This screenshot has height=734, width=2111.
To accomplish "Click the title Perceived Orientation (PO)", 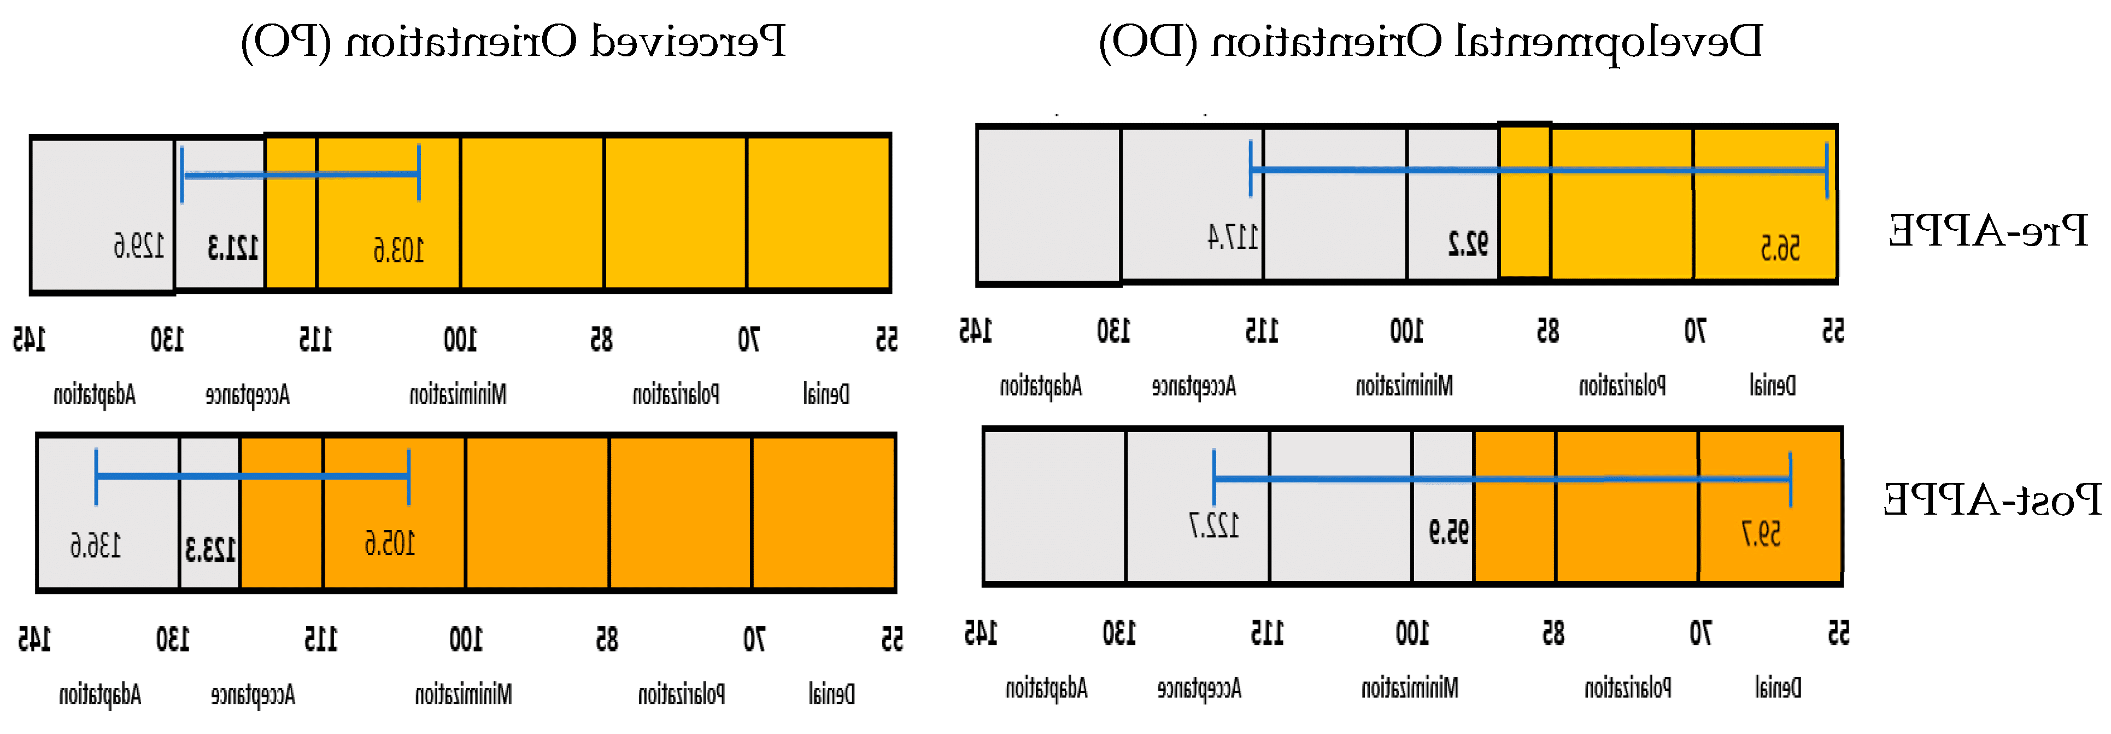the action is (513, 41).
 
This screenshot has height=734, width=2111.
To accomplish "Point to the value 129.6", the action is (138, 245).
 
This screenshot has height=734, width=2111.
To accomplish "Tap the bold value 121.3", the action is (233, 247).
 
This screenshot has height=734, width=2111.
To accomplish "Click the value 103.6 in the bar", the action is (398, 249).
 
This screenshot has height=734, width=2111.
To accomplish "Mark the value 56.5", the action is (1780, 247).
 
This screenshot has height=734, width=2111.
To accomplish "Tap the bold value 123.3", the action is (210, 549).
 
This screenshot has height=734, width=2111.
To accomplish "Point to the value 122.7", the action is (1213, 525).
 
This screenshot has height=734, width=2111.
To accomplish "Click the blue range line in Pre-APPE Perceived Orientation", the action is (300, 174).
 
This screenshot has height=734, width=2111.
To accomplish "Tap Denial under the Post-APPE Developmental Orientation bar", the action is (1778, 686).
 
